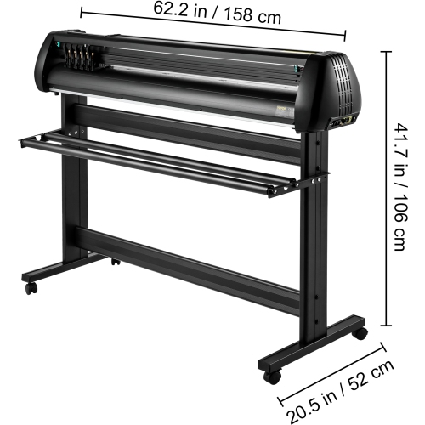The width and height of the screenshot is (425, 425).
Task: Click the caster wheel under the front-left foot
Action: (31, 289)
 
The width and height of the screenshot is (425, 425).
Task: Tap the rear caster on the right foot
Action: (360, 334)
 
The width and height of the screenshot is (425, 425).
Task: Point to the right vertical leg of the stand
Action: (320, 238)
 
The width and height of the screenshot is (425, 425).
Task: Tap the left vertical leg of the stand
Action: (76, 187)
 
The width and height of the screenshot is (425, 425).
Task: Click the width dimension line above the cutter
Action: (212, 23)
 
